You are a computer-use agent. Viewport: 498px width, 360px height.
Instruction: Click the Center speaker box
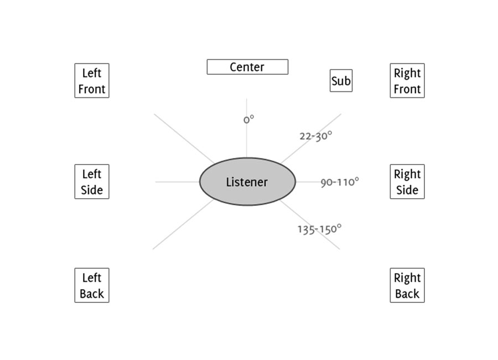pos(247,67)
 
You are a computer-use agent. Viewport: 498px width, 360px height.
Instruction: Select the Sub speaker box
pos(341,81)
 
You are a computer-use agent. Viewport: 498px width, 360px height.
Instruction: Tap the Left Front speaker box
pos(92,80)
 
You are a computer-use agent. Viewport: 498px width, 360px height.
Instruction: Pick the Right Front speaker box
pos(407,80)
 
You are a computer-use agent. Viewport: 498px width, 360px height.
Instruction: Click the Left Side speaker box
pos(92,181)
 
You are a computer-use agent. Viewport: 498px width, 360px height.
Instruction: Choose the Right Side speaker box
pos(407,181)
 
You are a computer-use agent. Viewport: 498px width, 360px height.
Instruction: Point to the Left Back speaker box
pos(92,285)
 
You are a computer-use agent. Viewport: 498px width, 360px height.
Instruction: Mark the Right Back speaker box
pos(407,285)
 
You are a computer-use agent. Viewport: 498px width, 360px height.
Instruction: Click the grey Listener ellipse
pos(247,182)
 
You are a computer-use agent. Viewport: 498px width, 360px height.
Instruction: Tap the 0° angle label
pos(248,119)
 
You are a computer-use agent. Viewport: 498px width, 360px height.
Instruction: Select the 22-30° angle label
pos(316,136)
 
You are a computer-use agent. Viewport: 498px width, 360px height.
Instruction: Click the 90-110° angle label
pos(340,182)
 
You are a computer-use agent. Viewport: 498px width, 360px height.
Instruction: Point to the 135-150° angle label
pos(319,229)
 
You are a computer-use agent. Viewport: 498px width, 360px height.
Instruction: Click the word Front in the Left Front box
pos(92,89)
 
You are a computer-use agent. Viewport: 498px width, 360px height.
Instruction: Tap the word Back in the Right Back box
pos(407,294)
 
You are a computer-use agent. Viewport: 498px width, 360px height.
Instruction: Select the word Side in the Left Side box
pos(92,189)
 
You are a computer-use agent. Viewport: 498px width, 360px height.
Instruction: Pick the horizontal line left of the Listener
pos(177,182)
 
